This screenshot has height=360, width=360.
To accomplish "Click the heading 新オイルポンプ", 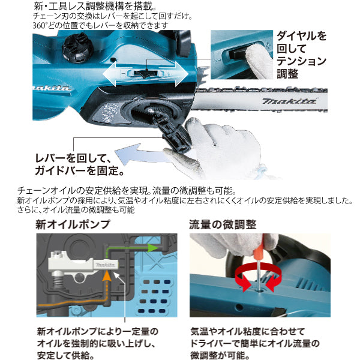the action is pos(73,224).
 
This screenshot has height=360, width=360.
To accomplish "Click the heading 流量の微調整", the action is pos(223,224).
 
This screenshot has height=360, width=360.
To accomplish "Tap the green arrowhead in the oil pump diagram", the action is pos(152,248).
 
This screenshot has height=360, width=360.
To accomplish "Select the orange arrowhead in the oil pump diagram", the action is pos(107,275).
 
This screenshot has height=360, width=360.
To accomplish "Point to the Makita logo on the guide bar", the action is pos(289,101).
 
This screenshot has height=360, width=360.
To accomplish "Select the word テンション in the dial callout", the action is pos(301,61).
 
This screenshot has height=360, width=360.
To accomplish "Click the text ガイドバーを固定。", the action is pos(79,170).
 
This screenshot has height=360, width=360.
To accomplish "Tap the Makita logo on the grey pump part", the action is pos(105,265).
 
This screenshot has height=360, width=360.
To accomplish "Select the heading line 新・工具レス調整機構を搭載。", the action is pos(95,6).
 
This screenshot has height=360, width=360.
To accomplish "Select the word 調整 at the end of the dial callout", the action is pos(287,74).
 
